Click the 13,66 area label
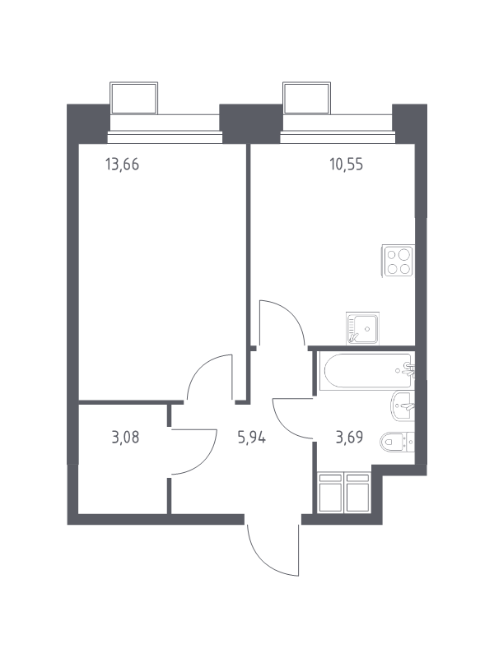point(122,164)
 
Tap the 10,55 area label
point(346,164)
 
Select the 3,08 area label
point(125,438)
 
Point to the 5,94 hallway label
point(252,438)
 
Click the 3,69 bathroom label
point(349,438)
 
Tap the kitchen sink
point(362,328)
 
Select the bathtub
point(365,371)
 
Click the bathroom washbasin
point(403,405)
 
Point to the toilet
point(398,442)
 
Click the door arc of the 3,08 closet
point(207,461)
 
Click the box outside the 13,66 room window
point(134,98)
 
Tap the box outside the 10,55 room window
point(306,98)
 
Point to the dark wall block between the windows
point(251,124)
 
